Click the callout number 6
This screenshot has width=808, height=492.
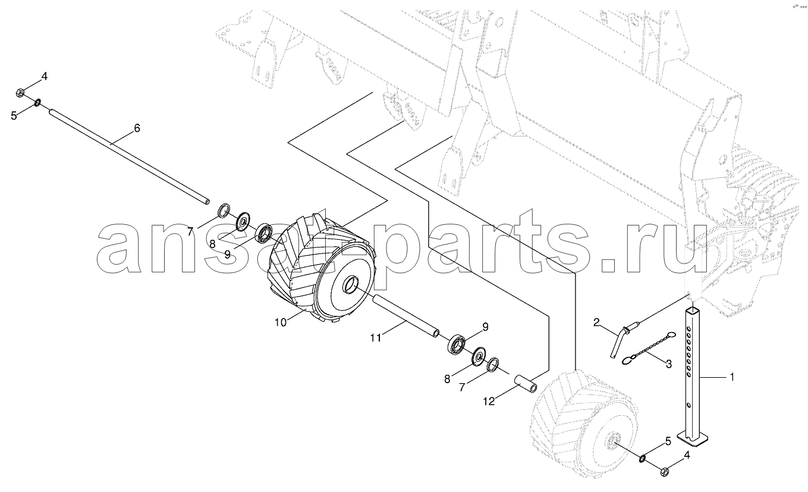point(137,128)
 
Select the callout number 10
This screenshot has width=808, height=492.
point(281,322)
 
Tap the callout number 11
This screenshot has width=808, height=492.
point(376,339)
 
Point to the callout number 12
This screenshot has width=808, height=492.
point(489,402)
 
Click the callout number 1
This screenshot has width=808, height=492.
point(732,377)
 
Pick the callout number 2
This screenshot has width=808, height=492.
point(596,322)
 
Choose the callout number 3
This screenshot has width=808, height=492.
point(668,364)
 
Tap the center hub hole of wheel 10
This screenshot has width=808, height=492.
point(350,285)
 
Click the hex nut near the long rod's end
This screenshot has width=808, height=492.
point(21,93)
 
